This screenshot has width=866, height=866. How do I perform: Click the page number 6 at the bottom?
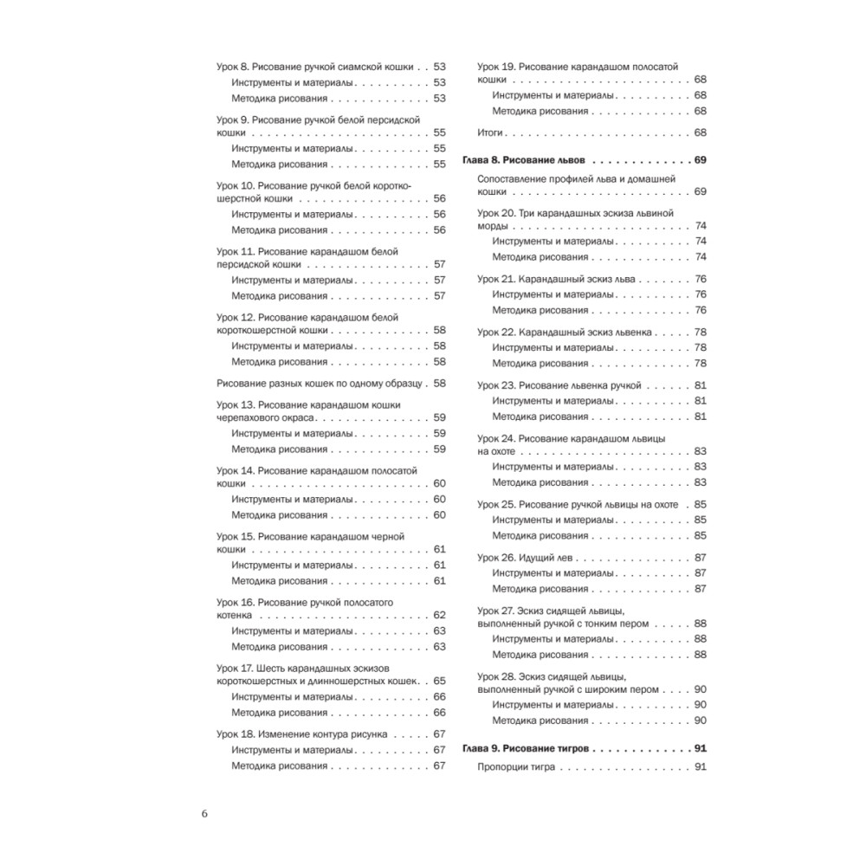[x=204, y=813]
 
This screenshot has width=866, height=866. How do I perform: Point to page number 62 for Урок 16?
[x=439, y=615]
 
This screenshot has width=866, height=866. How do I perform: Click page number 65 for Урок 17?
[x=439, y=681]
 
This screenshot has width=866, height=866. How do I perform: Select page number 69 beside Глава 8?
[x=701, y=161]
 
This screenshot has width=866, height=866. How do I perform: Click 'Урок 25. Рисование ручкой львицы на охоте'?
[x=578, y=504]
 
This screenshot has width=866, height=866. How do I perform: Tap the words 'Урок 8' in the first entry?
[x=232, y=67]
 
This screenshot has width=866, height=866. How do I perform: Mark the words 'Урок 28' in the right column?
[x=496, y=675]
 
